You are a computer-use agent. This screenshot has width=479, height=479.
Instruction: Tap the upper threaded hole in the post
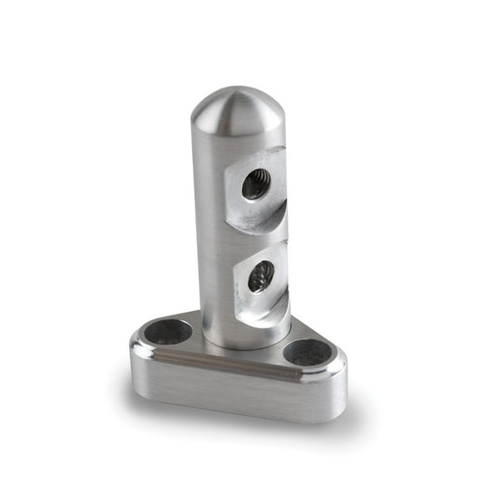[x=255, y=184]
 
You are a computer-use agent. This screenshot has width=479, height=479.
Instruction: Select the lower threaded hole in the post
[x=261, y=275]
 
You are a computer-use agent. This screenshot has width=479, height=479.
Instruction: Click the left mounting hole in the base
[x=168, y=332]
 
